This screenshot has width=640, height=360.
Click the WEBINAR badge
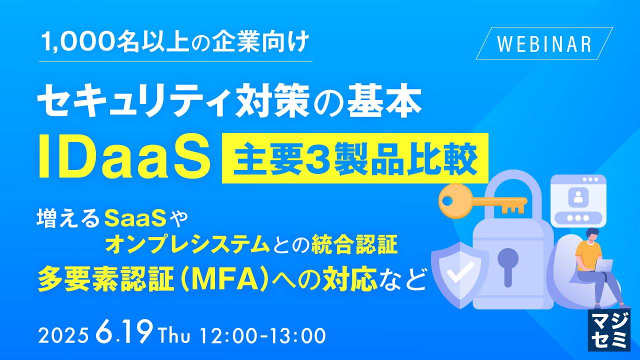544,43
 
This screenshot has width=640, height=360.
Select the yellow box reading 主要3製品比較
354,158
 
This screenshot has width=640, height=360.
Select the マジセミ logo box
608,330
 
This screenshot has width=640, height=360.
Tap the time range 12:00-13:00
262,335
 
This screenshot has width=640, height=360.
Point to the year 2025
64,335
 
